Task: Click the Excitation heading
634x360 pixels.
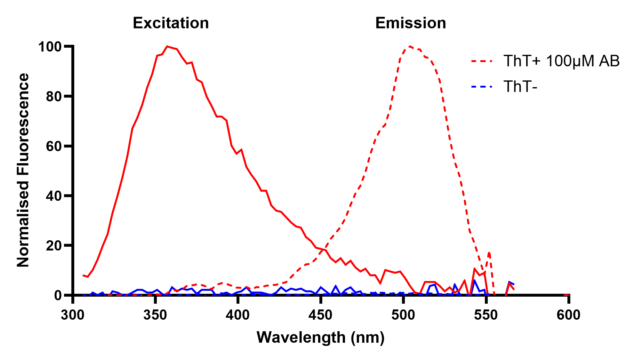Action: tap(171, 23)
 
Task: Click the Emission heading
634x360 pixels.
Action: tap(411, 23)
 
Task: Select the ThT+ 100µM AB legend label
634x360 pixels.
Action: tap(561, 61)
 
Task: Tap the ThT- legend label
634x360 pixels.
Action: tap(520, 86)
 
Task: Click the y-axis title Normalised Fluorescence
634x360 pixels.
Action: tap(23, 170)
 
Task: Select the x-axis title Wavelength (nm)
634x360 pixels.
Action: tap(320, 337)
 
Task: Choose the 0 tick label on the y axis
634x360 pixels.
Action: tap(58, 295)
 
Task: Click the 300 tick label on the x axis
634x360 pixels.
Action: tap(73, 315)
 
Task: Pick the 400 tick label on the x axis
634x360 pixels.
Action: tap(237, 315)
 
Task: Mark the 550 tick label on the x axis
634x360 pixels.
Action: tap(486, 315)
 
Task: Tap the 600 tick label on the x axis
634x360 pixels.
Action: tap(568, 315)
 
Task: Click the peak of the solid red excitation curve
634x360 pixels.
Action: tap(167, 46)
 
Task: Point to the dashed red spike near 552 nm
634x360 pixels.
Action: tap(489, 253)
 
